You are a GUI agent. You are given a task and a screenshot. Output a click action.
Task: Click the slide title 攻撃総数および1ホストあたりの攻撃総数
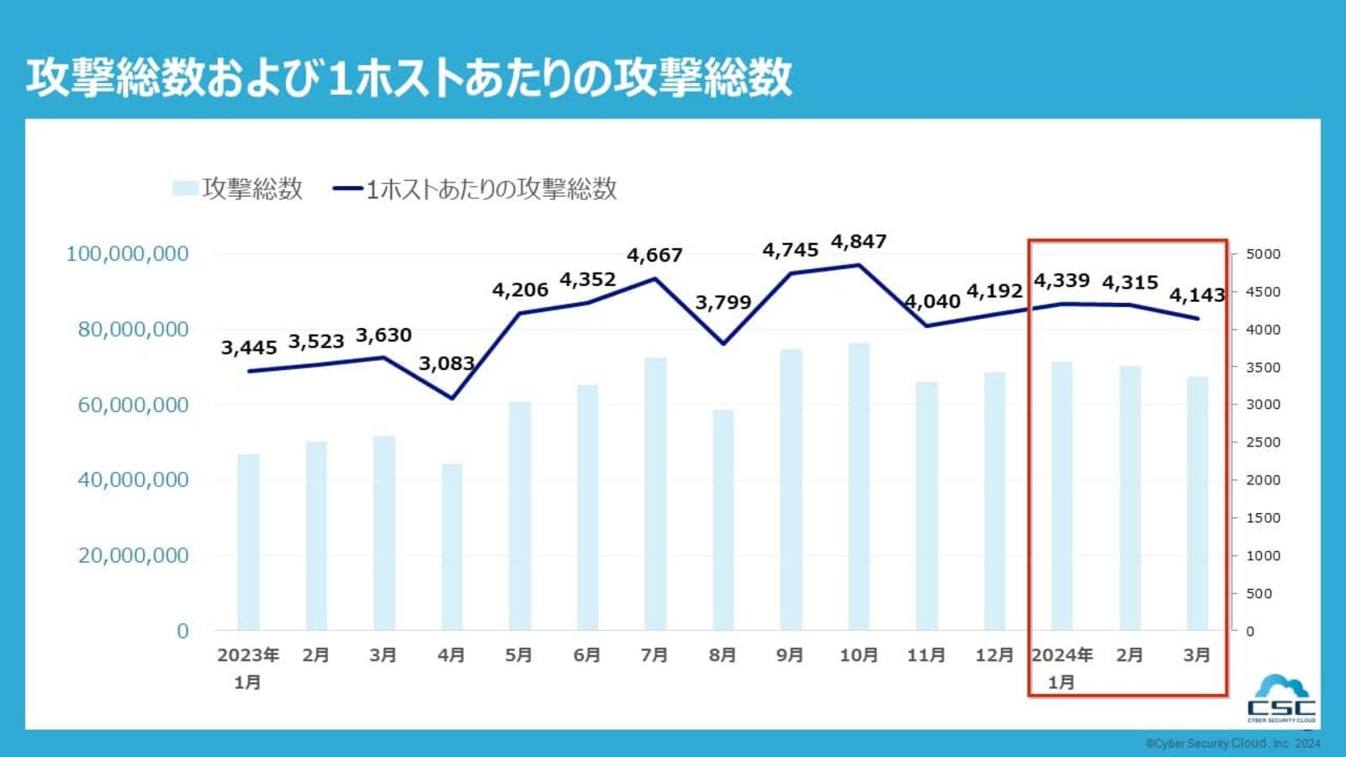[x=409, y=77]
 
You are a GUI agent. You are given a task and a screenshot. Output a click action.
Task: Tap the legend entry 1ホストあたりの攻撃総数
[x=476, y=188]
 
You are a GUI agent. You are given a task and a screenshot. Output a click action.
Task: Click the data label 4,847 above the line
[x=858, y=242]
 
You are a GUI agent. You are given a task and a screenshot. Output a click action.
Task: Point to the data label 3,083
[x=447, y=363]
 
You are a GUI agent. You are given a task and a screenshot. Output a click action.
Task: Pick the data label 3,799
[x=723, y=303]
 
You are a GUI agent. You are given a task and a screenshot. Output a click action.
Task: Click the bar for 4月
[x=452, y=547]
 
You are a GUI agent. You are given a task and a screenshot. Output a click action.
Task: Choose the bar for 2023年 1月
[x=248, y=542]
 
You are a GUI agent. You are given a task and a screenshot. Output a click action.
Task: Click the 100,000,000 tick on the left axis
[x=127, y=254]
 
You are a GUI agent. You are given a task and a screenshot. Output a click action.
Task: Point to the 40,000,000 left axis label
[x=133, y=480]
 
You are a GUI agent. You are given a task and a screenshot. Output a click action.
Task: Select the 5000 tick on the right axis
[x=1263, y=254]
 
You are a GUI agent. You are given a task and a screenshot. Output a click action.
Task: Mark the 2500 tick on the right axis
[x=1263, y=442]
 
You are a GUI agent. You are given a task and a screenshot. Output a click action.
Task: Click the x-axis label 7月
[x=654, y=655]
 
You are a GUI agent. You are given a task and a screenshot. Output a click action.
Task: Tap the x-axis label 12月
[x=994, y=655]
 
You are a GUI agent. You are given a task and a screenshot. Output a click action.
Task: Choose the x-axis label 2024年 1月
[x=1062, y=668]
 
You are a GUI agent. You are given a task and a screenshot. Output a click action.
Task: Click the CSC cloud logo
[x=1281, y=698]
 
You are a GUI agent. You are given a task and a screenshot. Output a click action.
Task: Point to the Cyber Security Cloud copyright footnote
[x=1232, y=744]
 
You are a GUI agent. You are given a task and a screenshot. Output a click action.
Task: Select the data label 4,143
[x=1196, y=295]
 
